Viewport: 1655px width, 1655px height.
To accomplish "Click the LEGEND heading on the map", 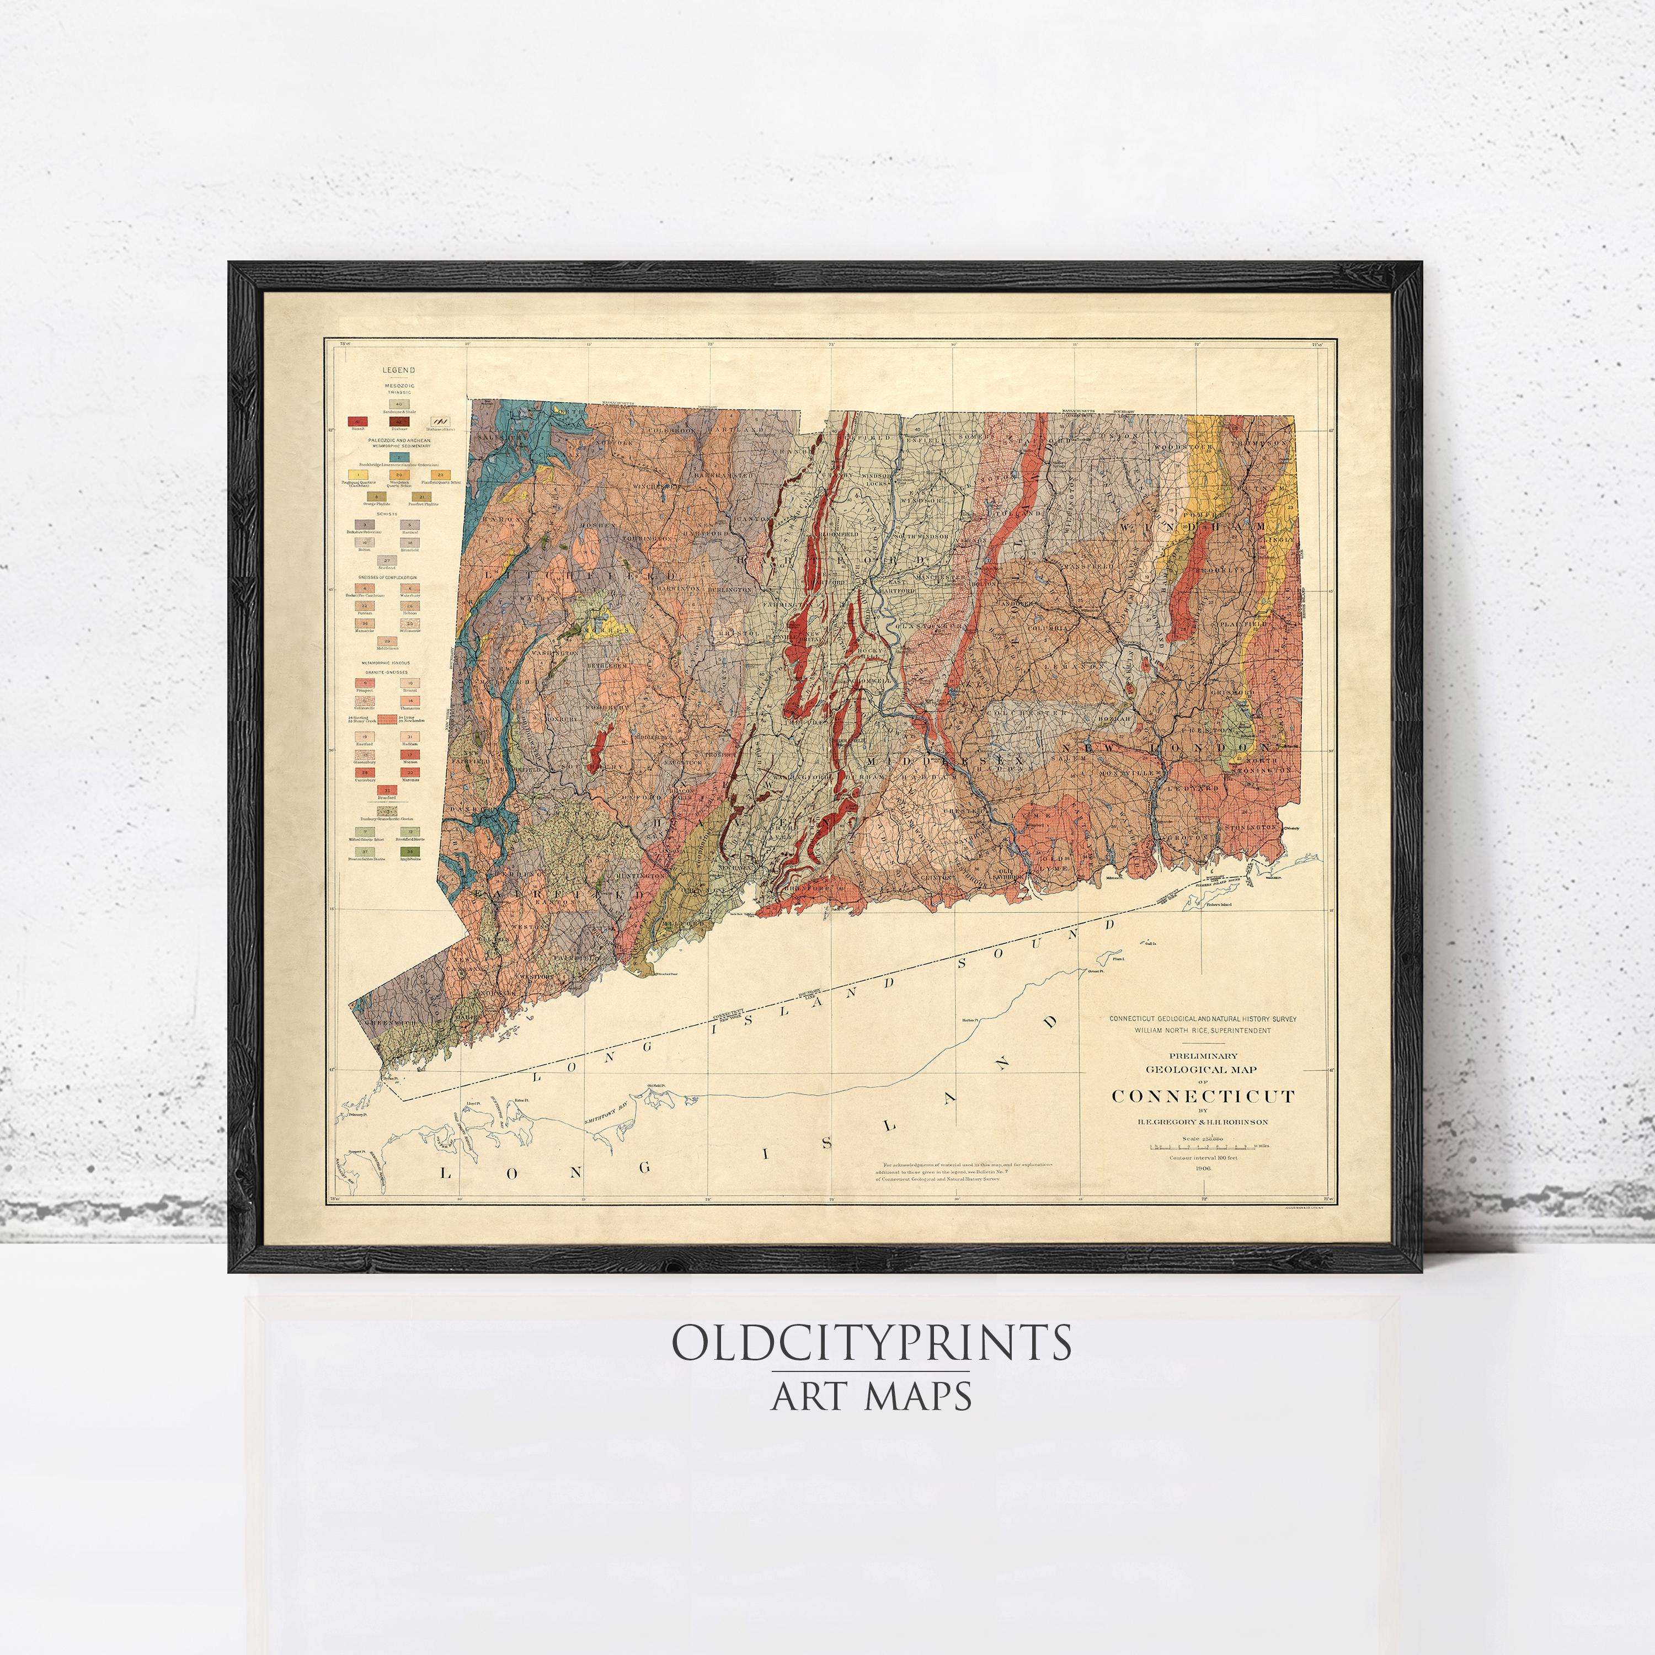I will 398,370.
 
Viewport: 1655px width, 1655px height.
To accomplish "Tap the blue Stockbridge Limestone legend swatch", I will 398,457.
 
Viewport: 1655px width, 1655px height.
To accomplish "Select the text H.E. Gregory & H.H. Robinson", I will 1203,1122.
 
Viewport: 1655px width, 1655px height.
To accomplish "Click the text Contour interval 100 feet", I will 1203,1157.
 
